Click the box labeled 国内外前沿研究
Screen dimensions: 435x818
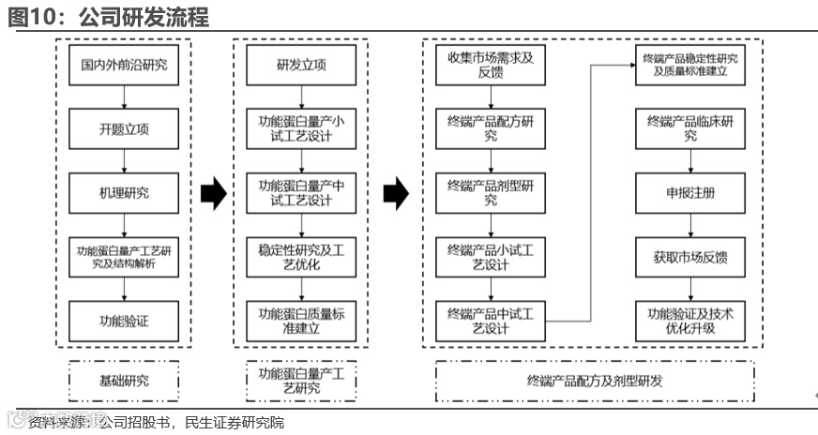pyautogui.click(x=124, y=65)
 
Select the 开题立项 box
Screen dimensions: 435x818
pyautogui.click(x=124, y=129)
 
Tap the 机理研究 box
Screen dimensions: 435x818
pyautogui.click(x=124, y=193)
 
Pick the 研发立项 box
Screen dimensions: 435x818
pyautogui.click(x=301, y=65)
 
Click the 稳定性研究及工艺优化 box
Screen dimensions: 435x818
pyautogui.click(x=301, y=257)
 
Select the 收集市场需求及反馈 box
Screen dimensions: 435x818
pyautogui.click(x=491, y=65)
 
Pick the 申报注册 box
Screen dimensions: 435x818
pyautogui.click(x=690, y=193)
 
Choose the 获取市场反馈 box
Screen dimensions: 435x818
pyautogui.click(x=690, y=257)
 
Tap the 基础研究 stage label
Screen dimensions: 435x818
pyautogui.click(x=124, y=381)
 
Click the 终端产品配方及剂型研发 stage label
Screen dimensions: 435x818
pyautogui.click(x=595, y=381)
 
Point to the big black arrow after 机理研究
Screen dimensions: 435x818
pyautogui.click(x=214, y=193)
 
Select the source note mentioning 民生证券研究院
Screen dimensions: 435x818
pyautogui.click(x=155, y=423)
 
